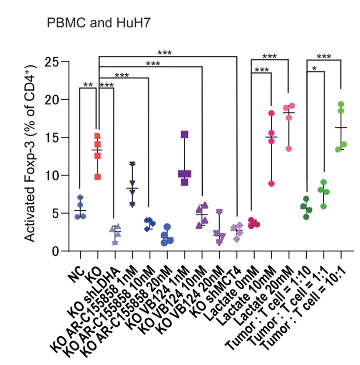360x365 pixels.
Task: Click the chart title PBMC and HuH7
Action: (99, 23)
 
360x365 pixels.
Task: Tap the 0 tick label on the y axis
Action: (55, 252)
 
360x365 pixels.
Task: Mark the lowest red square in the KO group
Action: (98, 177)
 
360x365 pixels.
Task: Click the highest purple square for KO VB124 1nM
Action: (184, 134)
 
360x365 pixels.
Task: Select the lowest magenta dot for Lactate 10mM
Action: (271, 184)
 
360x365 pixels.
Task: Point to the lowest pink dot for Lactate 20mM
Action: (289, 149)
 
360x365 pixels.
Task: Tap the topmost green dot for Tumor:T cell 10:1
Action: (341, 104)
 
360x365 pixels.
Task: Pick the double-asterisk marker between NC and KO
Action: (88, 85)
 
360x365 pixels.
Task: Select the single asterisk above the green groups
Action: (314, 69)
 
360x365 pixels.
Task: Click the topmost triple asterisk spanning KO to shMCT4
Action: (165, 53)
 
